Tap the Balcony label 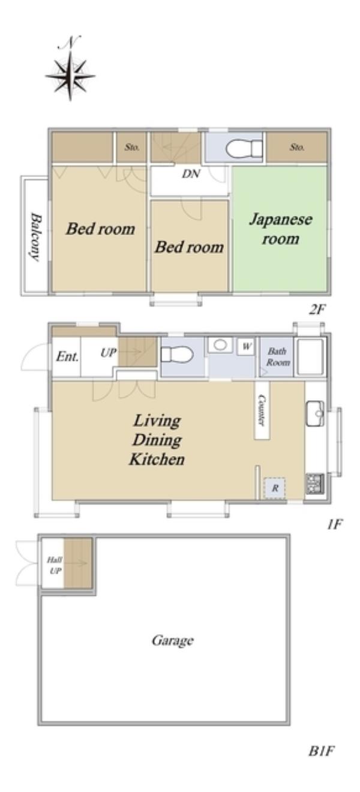click(35, 236)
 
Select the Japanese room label click(280, 229)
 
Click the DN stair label click(191, 173)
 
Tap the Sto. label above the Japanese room click(297, 147)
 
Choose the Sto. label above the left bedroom click(131, 147)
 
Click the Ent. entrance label click(67, 356)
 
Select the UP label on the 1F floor click(109, 353)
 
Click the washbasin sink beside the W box click(220, 345)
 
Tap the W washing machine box click(246, 347)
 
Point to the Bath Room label click(278, 356)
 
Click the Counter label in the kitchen click(262, 410)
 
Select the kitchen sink click(315, 413)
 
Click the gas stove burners click(315, 484)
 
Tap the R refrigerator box click(275, 488)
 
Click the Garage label click(173, 640)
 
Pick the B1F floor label click(322, 751)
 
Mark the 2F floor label click(317, 310)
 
